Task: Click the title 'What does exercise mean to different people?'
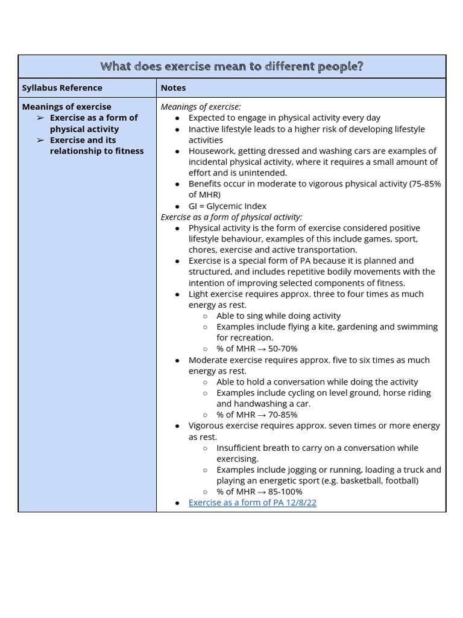[231, 66]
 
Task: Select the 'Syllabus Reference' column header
[62, 88]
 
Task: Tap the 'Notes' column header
[173, 88]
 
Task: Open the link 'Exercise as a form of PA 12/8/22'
[252, 502]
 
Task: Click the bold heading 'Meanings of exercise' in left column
[66, 107]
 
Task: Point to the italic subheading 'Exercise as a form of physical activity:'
[231, 217]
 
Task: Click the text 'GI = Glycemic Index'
[227, 206]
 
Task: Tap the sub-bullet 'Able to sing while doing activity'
[279, 316]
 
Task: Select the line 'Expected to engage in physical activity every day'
[285, 118]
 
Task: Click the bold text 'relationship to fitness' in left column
[96, 151]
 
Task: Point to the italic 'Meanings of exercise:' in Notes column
[201, 107]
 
